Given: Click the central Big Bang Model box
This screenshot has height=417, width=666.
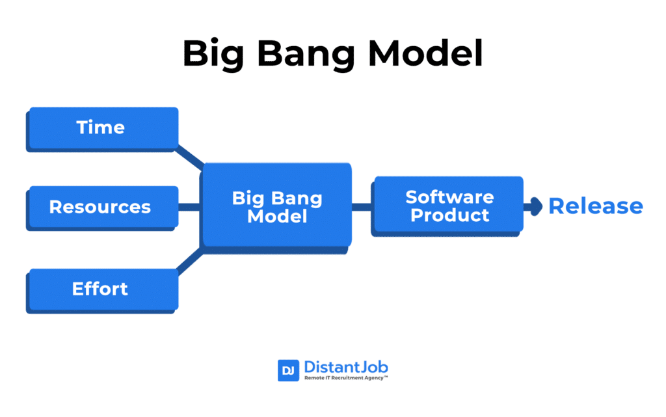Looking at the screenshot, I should [x=277, y=206].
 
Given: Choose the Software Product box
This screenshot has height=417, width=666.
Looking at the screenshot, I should [x=447, y=206].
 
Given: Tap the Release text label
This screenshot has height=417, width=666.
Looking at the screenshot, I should [x=596, y=207].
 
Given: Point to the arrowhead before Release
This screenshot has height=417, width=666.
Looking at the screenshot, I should [x=535, y=207].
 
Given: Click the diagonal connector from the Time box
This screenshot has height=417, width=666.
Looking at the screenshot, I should [x=190, y=156].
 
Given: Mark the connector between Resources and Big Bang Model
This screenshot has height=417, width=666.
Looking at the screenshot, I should [x=189, y=208].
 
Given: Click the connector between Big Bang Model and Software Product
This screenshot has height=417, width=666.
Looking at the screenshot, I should [x=362, y=208].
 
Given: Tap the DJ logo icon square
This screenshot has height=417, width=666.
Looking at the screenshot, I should [x=288, y=370].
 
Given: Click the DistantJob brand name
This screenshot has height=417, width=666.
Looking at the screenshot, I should [x=345, y=367].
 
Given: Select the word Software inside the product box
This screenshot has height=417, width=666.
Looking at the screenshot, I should [x=449, y=196].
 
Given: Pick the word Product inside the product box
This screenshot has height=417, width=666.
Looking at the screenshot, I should [x=449, y=215].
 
